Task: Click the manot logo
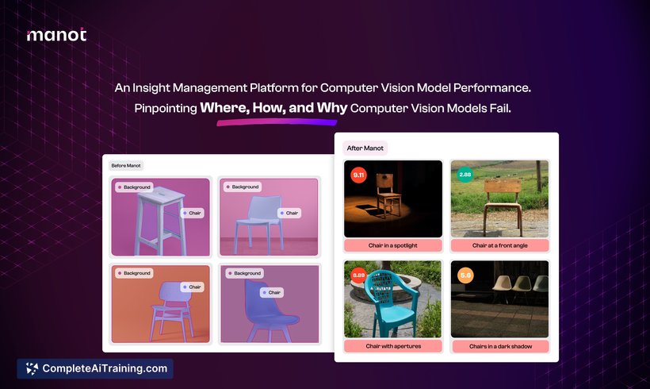tap(56, 35)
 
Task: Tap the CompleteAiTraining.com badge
tap(95, 368)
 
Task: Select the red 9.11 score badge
tap(358, 175)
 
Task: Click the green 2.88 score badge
tap(465, 175)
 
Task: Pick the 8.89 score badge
tap(358, 275)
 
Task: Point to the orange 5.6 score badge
tap(465, 275)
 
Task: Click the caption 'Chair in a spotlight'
tap(393, 245)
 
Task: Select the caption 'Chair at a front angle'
tap(500, 245)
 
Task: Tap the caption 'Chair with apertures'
tap(393, 346)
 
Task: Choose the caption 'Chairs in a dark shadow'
tap(500, 346)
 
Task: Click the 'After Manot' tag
tap(365, 148)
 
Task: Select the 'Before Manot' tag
tap(126, 166)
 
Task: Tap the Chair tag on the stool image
tap(192, 213)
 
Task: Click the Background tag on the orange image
tap(134, 273)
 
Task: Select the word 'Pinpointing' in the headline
tap(166, 109)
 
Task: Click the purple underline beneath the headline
tap(277, 122)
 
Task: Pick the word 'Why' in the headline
tap(331, 108)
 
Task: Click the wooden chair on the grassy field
tap(503, 204)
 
